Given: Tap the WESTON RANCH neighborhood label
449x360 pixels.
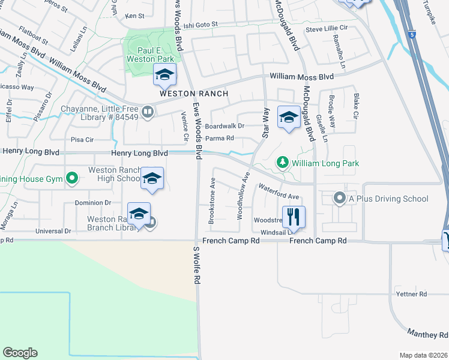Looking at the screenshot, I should pyautogui.click(x=194, y=94).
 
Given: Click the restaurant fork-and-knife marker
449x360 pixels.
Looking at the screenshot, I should pyautogui.click(x=294, y=217).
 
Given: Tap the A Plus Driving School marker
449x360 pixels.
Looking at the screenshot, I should pyautogui.click(x=339, y=199).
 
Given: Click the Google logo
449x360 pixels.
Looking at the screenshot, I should pyautogui.click(x=20, y=353).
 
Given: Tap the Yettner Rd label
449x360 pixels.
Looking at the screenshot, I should pyautogui.click(x=411, y=294).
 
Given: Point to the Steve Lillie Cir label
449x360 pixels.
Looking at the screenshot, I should pyautogui.click(x=327, y=29).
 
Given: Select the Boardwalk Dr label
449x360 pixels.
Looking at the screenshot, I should pyautogui.click(x=224, y=126).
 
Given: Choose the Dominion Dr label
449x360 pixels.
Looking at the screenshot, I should pyautogui.click(x=92, y=203).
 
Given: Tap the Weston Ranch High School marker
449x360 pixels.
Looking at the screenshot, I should pyautogui.click(x=152, y=178).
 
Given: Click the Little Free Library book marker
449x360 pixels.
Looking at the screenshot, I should pyautogui.click(x=147, y=112).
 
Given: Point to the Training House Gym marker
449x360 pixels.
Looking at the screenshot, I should pyautogui.click(x=72, y=178).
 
